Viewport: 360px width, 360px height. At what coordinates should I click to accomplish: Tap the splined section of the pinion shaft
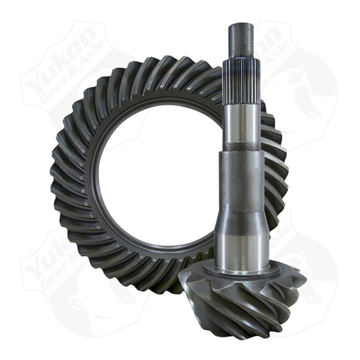(x=241, y=81)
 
